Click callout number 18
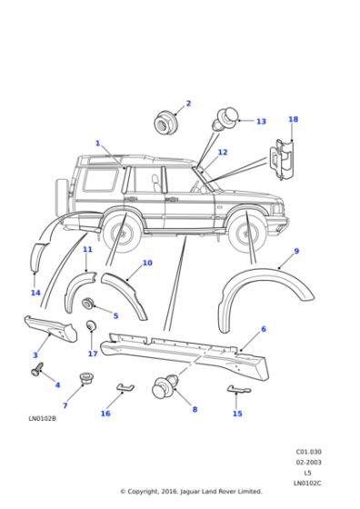tap(293, 119)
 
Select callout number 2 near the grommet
tap(188, 104)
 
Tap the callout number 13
tap(261, 121)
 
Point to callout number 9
tap(296, 251)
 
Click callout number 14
tap(35, 293)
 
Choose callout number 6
tap(264, 329)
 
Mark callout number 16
tap(105, 414)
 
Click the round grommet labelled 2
tap(165, 120)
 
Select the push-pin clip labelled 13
tap(227, 116)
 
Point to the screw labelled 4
tap(38, 370)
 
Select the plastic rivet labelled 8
tap(165, 385)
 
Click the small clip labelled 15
tap(237, 390)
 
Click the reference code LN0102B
tap(42, 419)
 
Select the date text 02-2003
tap(308, 462)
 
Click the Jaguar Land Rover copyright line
tap(191, 492)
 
